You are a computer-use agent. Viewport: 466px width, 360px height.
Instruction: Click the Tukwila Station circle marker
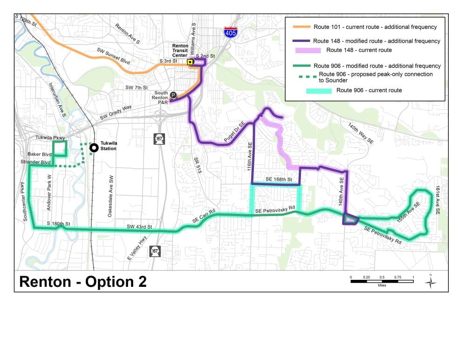(94, 148)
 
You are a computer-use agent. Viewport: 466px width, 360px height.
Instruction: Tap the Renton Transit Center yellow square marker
(190, 62)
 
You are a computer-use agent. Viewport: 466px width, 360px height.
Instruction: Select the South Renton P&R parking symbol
(173, 95)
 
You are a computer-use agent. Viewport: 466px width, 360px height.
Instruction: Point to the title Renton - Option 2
(83, 281)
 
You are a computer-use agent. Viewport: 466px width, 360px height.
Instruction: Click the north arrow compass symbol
(431, 281)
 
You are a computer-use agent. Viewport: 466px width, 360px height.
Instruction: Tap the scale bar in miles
(382, 281)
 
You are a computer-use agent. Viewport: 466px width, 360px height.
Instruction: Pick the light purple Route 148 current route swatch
(308, 50)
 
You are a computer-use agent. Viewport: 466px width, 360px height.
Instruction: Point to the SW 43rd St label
(139, 227)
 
